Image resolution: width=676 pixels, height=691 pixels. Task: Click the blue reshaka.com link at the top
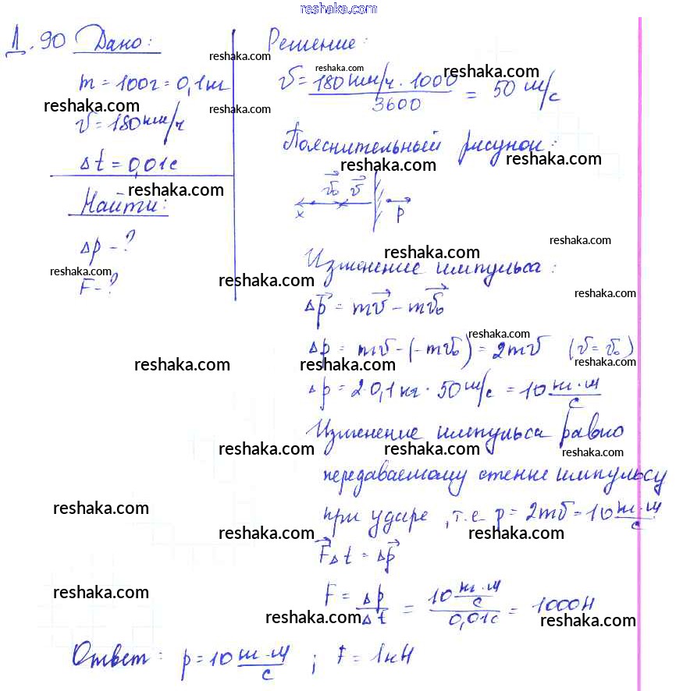coord(338,9)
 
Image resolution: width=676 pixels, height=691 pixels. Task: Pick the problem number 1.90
coord(36,41)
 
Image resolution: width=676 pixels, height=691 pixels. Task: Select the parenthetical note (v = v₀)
coord(601,345)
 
